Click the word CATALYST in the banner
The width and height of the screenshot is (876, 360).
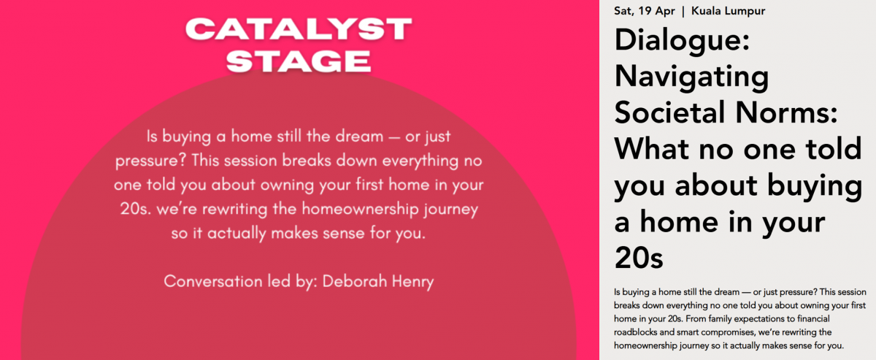299,29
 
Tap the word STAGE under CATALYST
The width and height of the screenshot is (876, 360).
299,61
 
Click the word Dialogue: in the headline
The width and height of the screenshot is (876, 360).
682,41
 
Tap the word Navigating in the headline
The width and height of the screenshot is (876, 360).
691,77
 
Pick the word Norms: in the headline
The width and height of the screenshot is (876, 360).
786,112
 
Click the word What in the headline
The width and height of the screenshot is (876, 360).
651,149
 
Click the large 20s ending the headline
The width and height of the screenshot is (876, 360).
639,258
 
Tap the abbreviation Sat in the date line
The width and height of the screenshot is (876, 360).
622,11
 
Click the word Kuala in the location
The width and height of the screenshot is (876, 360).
704,11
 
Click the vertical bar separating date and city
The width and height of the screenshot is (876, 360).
683,12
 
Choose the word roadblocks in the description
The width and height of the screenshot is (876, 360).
632,332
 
